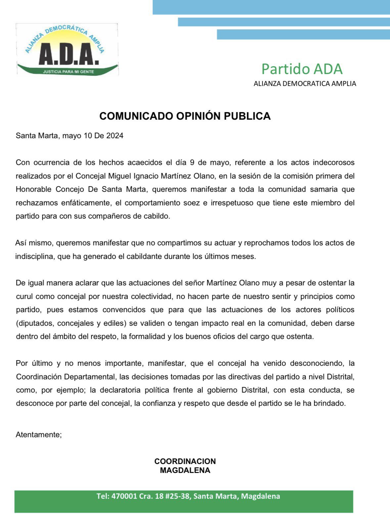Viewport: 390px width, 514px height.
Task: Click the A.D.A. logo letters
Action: coord(68,54)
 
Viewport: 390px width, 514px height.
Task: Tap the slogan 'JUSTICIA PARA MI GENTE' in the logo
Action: coord(68,71)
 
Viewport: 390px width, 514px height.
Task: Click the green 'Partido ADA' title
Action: coord(302,69)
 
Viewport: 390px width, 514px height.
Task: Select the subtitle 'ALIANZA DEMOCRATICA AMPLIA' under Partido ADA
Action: coord(305,84)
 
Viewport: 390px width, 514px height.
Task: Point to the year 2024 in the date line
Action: coord(115,136)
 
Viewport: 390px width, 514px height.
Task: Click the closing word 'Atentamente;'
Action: coord(39,435)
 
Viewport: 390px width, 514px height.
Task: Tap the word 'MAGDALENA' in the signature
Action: coord(185,470)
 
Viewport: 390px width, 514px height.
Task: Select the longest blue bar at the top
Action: coord(271,7)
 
